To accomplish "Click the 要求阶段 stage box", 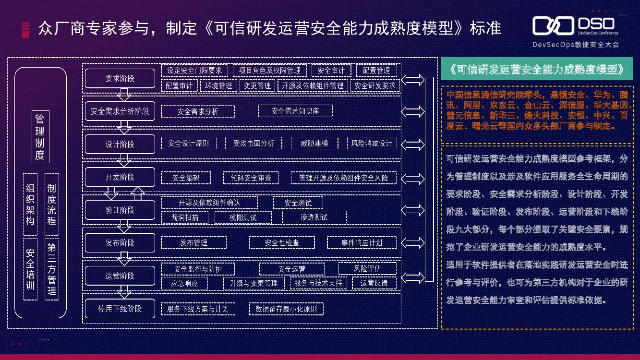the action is [x=120, y=78].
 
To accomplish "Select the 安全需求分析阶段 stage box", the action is [x=120, y=111].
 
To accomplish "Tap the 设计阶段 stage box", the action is [x=120, y=144].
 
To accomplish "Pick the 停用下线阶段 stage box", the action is [x=120, y=309].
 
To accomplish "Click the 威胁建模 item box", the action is [x=314, y=143].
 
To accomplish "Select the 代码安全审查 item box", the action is [x=251, y=178].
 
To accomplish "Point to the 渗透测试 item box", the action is [x=314, y=217].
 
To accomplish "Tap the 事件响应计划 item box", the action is [x=362, y=243].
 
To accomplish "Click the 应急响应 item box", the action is [x=184, y=283].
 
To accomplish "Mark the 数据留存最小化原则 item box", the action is [x=287, y=309].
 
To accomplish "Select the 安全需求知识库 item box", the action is [x=295, y=111].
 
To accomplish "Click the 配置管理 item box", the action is [x=376, y=71].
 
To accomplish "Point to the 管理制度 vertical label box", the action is [x=40, y=137].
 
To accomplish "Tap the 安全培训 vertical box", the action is [x=30, y=269].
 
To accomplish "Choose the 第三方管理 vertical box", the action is [x=52, y=269].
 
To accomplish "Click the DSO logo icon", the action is [x=553, y=25].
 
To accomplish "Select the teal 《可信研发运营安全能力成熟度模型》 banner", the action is [x=537, y=69].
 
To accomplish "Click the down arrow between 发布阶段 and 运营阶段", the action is [x=125, y=259].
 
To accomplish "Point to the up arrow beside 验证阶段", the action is [x=138, y=193].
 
